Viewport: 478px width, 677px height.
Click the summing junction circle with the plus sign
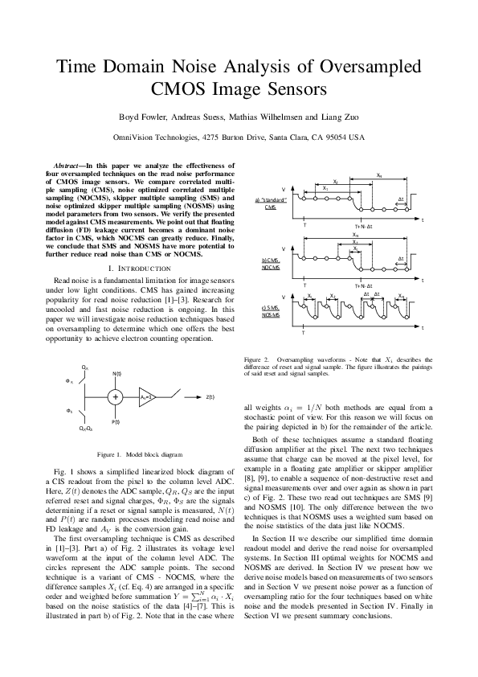click(x=116, y=396)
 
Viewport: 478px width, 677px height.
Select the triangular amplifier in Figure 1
click(x=145, y=396)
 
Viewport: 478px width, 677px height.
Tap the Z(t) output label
click(x=210, y=397)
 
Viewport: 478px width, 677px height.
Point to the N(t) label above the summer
click(x=116, y=373)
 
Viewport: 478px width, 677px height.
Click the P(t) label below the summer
click(x=116, y=421)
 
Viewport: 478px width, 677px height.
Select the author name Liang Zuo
click(x=339, y=116)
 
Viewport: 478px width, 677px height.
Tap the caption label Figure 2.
click(x=256, y=359)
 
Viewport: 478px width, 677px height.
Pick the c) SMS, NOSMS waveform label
click(x=271, y=312)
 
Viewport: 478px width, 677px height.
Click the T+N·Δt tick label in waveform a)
click(x=366, y=224)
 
